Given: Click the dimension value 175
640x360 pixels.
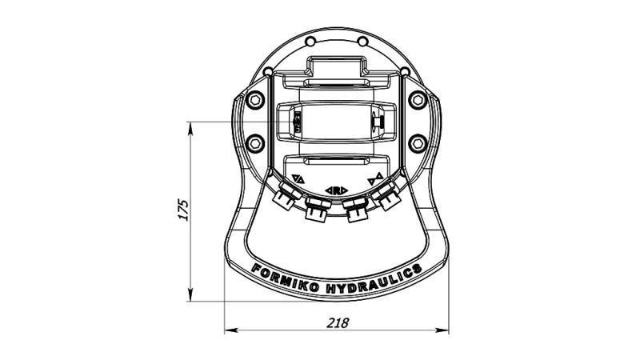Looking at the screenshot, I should coord(184,209).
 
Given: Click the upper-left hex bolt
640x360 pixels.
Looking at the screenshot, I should coord(255,100).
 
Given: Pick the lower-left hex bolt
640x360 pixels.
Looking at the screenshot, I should coord(255,143).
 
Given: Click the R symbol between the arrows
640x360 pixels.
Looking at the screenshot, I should coord(336,190).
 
